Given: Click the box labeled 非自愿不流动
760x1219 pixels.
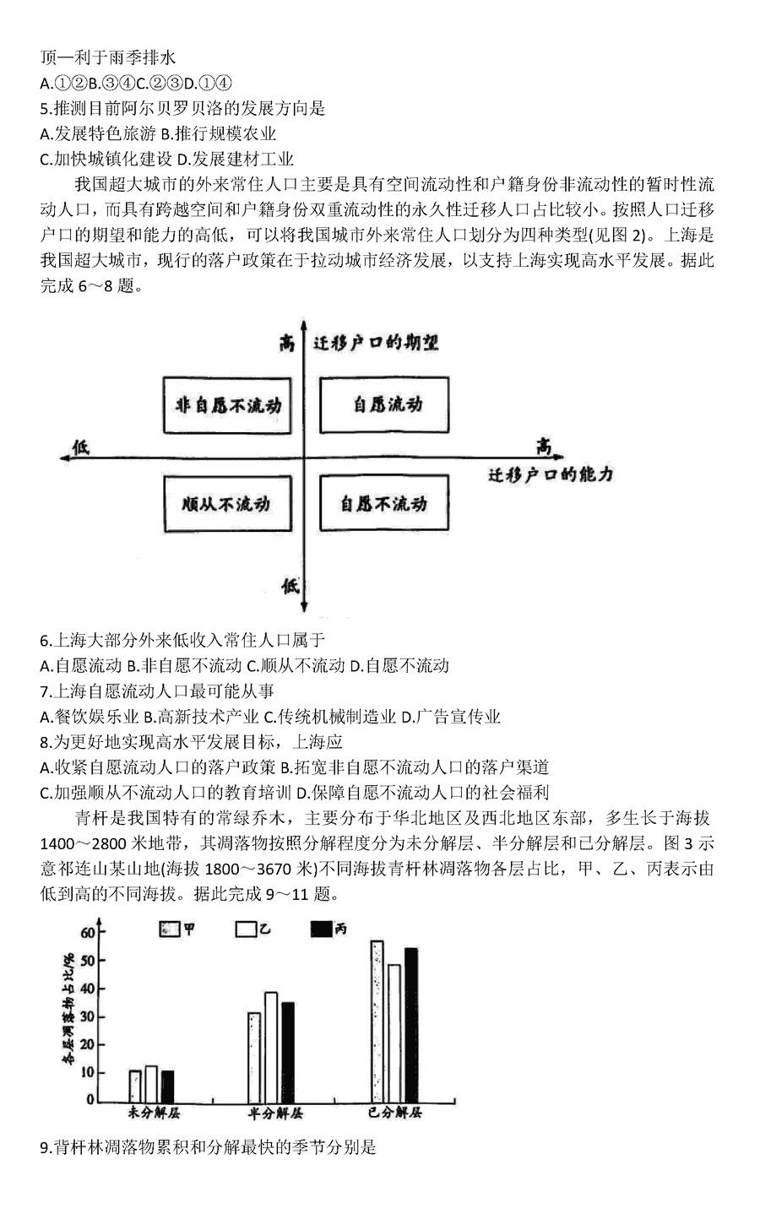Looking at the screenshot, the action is (x=227, y=405).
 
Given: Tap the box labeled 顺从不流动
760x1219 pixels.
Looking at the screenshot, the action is (x=227, y=504).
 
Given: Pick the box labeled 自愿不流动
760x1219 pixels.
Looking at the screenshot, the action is (x=384, y=503).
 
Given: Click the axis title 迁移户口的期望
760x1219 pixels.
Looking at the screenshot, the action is (x=376, y=342).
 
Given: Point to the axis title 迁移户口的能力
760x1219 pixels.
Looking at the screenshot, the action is (x=551, y=475).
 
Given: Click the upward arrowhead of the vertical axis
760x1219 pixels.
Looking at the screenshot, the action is (x=304, y=324).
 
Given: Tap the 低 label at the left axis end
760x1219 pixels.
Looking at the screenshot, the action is (x=80, y=447).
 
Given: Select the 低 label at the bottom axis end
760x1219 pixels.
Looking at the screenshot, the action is (x=290, y=586).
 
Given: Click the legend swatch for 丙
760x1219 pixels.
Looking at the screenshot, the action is (x=321, y=929).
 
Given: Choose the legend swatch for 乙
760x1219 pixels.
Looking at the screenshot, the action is (x=246, y=929).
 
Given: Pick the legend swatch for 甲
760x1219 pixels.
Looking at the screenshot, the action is (x=170, y=929).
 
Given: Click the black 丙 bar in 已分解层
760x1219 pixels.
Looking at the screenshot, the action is (x=411, y=1026).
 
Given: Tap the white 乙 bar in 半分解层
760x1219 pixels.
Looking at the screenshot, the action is (x=271, y=1048).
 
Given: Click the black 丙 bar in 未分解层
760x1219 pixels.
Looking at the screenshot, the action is (x=168, y=1086).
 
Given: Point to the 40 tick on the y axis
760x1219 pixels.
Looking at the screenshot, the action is (x=87, y=989).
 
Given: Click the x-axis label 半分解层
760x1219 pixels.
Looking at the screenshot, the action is (x=275, y=1113).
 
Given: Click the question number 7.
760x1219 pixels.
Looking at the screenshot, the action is (x=45, y=691).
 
